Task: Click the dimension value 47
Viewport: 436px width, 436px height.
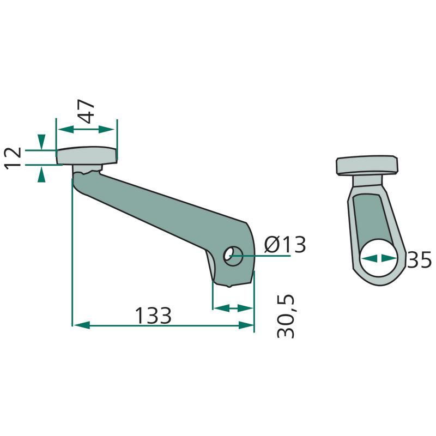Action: point(86,111)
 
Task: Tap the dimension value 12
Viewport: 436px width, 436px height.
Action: point(13,158)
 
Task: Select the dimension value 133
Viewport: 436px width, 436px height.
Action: point(153,316)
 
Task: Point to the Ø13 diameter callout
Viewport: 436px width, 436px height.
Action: point(285,245)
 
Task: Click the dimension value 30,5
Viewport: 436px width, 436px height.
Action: point(286,317)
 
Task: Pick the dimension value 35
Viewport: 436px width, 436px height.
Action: point(419,260)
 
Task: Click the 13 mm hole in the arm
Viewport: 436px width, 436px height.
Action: point(233,256)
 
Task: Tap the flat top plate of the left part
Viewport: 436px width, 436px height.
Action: point(87,155)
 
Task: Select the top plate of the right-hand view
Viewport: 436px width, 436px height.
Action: point(367,166)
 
